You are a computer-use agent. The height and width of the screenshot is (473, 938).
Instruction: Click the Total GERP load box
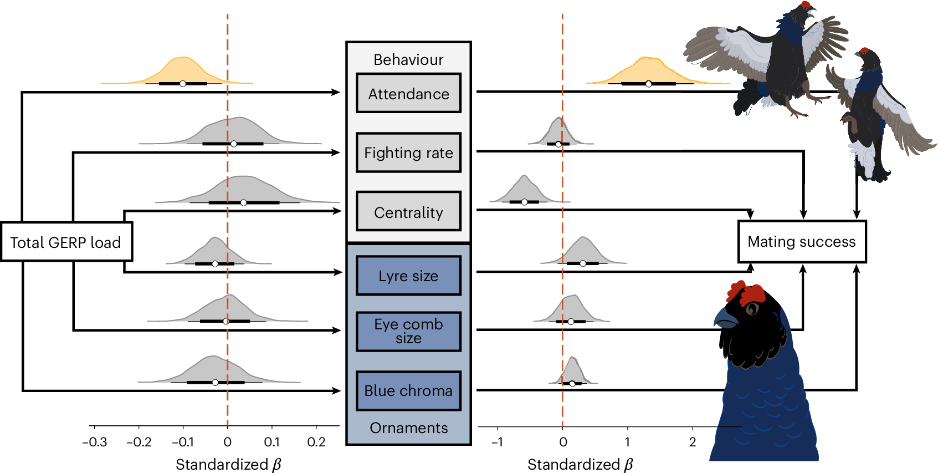tap(66, 242)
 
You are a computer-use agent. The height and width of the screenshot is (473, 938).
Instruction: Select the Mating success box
tap(801, 242)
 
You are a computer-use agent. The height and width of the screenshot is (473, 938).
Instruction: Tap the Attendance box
tap(408, 94)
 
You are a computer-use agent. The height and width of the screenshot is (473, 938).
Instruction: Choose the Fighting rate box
tap(408, 152)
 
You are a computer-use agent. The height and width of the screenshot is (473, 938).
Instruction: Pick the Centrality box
tap(408, 212)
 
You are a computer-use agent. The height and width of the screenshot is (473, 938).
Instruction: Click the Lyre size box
tap(408, 276)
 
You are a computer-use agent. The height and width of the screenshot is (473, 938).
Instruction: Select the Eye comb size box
tap(408, 331)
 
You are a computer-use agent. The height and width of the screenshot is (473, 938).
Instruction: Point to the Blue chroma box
tap(408, 390)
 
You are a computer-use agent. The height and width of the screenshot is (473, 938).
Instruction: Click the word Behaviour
tap(408, 60)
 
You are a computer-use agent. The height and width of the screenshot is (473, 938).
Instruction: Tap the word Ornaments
tap(408, 428)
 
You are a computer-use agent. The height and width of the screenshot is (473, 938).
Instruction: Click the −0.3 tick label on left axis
tap(94, 443)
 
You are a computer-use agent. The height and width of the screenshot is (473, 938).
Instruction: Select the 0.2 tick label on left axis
tap(316, 443)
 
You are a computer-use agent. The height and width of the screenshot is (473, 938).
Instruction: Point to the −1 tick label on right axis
tap(497, 443)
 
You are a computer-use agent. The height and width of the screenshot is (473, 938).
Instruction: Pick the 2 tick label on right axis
tap(692, 443)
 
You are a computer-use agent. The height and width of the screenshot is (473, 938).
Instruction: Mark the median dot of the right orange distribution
tap(648, 84)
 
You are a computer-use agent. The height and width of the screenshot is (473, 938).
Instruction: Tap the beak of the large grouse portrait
tap(723, 319)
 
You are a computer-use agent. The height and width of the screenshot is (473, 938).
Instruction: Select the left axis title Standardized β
tap(228, 465)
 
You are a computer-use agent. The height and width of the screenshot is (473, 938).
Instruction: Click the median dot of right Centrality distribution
tap(524, 202)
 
